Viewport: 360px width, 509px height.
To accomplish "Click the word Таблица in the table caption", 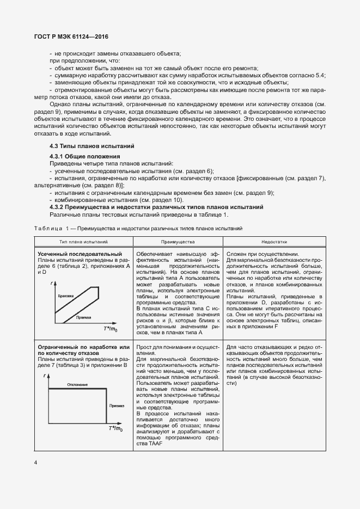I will coord(48,229).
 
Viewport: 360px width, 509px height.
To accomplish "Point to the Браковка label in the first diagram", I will coord(65,296).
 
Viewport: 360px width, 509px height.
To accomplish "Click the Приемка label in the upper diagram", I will coord(84,317).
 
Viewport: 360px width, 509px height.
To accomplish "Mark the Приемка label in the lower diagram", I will coord(117,406).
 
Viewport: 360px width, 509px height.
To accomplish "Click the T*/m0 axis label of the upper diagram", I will coord(111,329).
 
